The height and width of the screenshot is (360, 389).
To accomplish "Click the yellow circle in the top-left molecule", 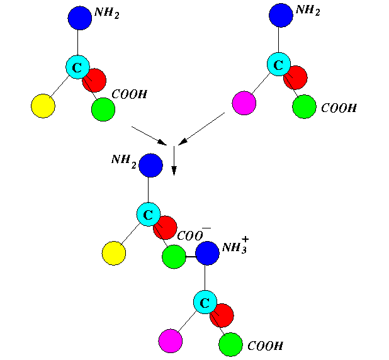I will point(43,106).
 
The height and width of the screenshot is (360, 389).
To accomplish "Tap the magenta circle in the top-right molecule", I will point(244,103).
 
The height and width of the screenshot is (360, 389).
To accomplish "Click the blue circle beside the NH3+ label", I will point(207,253).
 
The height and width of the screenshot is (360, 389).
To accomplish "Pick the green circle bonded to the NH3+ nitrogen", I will point(174,257).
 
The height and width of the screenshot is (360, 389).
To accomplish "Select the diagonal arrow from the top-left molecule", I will point(149,135).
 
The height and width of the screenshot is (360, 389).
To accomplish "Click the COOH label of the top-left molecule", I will point(129,94).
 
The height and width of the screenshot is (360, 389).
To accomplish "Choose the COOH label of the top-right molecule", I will point(339,108).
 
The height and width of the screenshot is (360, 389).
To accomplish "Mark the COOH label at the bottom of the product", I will point(264,346).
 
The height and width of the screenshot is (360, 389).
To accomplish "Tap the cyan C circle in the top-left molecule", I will point(77,66).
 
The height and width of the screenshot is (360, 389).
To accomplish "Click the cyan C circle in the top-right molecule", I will point(278,64).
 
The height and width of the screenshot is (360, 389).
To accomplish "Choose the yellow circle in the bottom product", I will point(114,254).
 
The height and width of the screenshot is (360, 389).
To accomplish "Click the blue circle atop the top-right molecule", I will point(280,16).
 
